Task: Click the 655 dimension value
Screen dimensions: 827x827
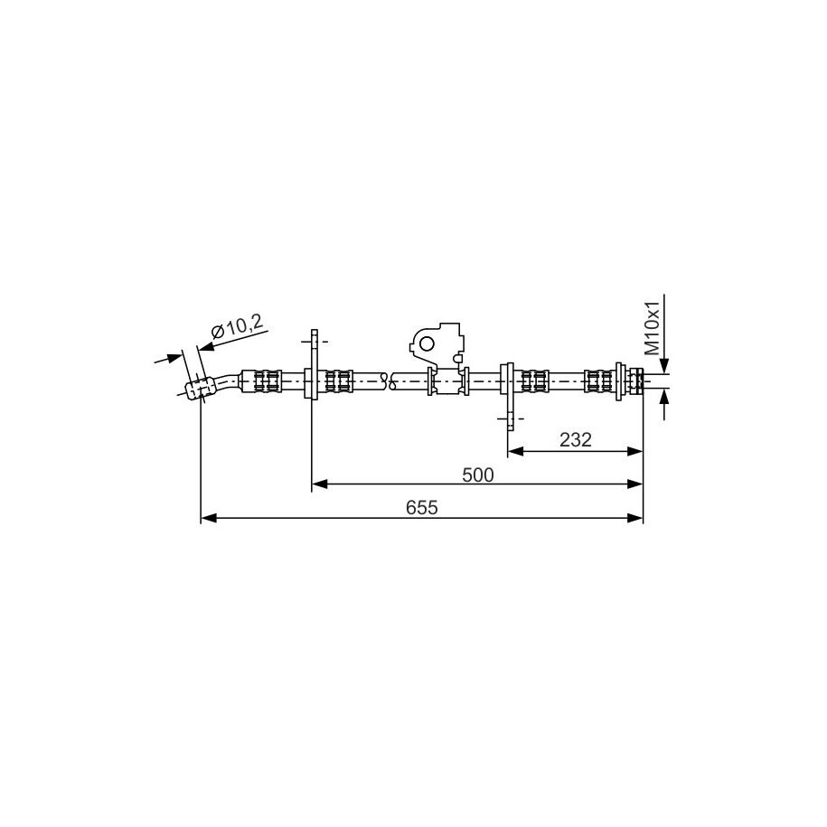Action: point(422,507)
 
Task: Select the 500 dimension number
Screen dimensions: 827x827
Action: point(478,475)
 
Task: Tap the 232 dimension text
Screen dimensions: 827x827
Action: point(576,439)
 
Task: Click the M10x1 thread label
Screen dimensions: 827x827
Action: point(653,328)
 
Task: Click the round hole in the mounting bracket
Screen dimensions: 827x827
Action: point(427,343)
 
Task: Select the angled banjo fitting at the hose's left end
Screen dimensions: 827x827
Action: point(201,388)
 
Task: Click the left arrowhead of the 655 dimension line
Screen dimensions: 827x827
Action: point(209,519)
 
